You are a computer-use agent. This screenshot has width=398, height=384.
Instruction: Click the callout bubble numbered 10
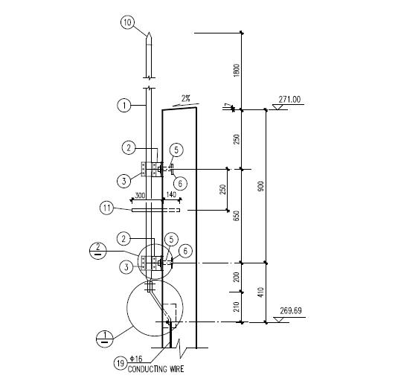click(127, 22)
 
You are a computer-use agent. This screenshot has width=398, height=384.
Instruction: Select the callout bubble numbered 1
click(124, 105)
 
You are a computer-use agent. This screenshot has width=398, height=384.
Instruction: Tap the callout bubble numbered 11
click(106, 208)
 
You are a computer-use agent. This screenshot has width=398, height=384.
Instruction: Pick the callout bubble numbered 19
click(121, 363)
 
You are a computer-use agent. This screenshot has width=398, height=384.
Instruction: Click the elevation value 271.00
click(289, 99)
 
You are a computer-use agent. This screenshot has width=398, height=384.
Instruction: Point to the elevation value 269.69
click(291, 311)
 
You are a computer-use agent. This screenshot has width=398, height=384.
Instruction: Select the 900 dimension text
click(261, 186)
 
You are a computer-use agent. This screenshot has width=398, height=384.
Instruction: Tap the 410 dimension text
click(261, 292)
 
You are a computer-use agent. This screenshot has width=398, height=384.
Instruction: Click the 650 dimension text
click(237, 216)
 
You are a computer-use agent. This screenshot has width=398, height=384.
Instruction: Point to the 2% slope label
click(186, 98)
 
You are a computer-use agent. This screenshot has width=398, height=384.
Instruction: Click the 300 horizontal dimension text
click(140, 196)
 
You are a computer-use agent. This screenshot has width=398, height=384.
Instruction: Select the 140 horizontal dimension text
click(171, 195)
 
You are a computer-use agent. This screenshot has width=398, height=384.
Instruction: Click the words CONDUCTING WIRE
click(155, 369)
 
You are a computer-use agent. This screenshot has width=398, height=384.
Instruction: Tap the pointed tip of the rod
click(150, 32)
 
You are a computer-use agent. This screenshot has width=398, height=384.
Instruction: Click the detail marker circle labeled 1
click(105, 338)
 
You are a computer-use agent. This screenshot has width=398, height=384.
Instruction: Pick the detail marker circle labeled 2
click(98, 250)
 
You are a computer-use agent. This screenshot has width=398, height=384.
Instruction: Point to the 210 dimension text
click(237, 307)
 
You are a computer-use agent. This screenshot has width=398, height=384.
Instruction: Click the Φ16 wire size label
click(136, 359)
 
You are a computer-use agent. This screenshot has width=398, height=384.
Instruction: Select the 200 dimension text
click(237, 277)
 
